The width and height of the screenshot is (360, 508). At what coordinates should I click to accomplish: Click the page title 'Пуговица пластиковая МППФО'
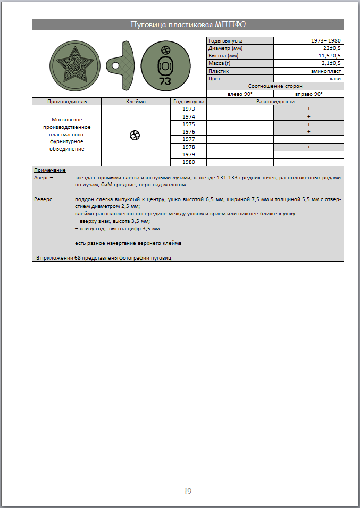click(x=188, y=24)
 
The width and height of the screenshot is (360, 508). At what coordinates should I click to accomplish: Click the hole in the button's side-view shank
click(x=114, y=66)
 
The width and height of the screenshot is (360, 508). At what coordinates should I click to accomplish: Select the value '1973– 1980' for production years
click(x=326, y=40)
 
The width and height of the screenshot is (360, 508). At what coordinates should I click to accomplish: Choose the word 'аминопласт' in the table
click(x=326, y=71)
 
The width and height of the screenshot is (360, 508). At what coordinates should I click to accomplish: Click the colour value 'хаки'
click(x=335, y=78)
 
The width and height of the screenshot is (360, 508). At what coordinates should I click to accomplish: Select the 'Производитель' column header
click(x=66, y=101)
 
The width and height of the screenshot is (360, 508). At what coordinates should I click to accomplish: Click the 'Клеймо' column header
click(x=136, y=101)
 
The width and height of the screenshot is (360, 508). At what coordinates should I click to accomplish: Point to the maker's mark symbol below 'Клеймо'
click(x=135, y=136)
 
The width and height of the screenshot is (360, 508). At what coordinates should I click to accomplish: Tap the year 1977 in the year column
click(x=188, y=139)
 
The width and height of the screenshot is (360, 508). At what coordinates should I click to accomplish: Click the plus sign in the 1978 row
click(x=308, y=147)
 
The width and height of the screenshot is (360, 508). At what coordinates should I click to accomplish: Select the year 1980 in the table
click(x=188, y=162)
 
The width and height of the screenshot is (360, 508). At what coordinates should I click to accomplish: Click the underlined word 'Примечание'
click(x=50, y=170)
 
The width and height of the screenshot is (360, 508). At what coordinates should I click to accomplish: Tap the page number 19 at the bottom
click(x=188, y=491)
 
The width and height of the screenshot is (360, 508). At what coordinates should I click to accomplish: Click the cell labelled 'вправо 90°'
click(x=308, y=94)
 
